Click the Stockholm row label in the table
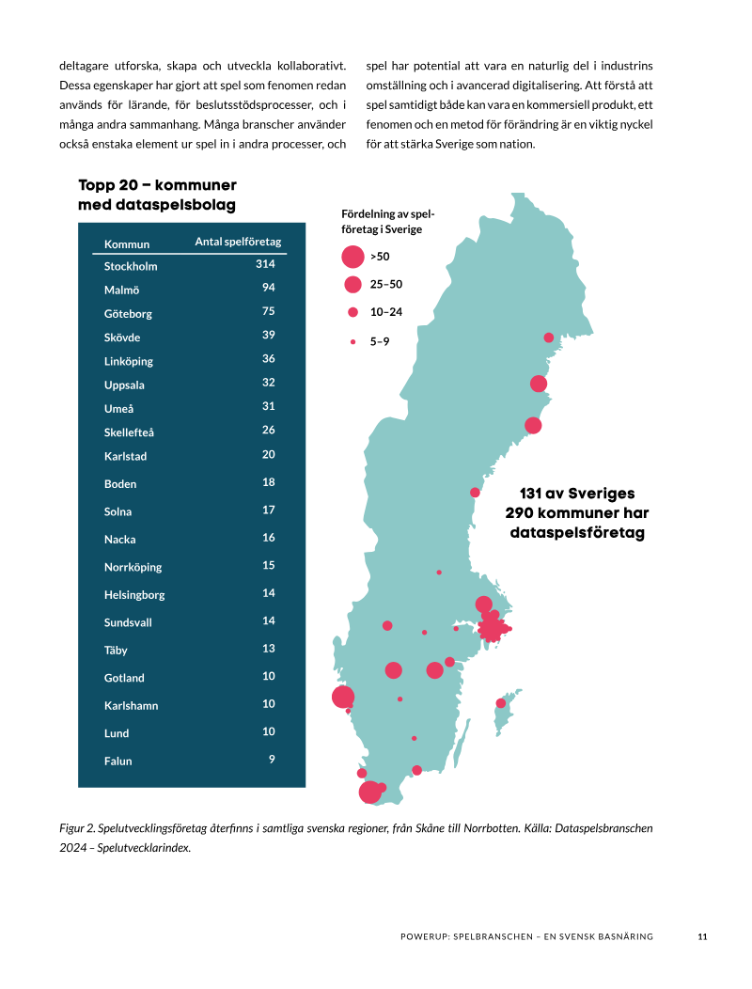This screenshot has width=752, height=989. (x=131, y=266)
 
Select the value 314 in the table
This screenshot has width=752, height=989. (x=265, y=263)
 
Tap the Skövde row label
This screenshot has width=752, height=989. (x=122, y=338)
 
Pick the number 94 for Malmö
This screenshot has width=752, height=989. (x=269, y=287)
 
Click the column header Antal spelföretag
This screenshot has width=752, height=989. (x=238, y=242)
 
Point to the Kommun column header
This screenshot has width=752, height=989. (x=127, y=244)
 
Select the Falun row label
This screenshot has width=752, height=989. (x=118, y=761)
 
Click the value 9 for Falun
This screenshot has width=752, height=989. (x=272, y=759)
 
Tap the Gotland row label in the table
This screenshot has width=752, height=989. (x=124, y=678)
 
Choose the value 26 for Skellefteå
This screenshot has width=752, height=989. (x=269, y=430)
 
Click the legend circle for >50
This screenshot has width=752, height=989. (x=352, y=257)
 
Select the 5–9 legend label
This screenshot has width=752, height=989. (x=380, y=341)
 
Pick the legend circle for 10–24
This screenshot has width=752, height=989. (x=352, y=311)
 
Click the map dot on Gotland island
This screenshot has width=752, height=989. (x=501, y=702)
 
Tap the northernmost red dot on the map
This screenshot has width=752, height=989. (x=549, y=338)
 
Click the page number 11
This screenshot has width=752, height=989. (x=703, y=936)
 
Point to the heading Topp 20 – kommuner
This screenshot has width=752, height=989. (x=157, y=185)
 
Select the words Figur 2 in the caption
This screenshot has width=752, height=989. (x=77, y=828)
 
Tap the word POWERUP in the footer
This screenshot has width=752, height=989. (x=425, y=936)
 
